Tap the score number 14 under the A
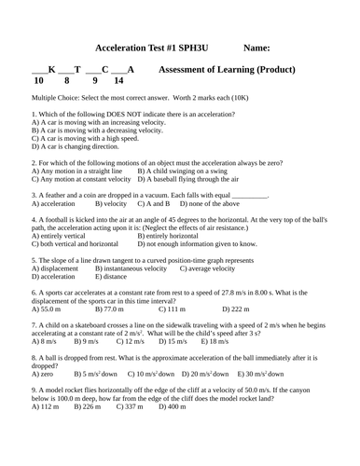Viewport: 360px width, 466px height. [118, 81]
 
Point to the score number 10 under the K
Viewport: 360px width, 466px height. [38, 81]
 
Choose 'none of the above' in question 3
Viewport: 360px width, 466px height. [214, 203]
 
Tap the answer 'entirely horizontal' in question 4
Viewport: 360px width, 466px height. [177, 236]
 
